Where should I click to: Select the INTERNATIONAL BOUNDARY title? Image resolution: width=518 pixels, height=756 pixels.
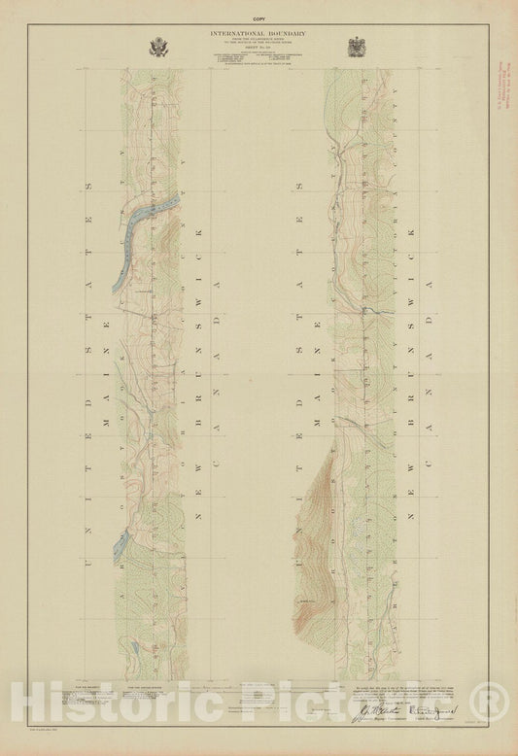point(259,36)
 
